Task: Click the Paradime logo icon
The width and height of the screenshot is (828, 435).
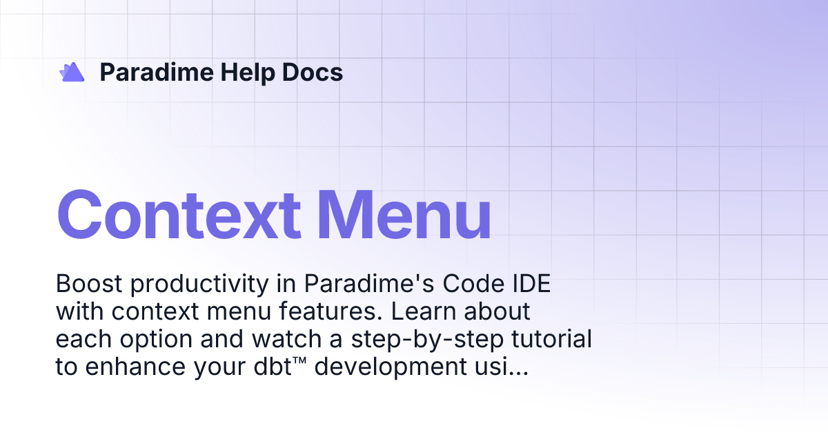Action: [x=72, y=72]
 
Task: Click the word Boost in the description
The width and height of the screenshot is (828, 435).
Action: [x=85, y=284]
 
